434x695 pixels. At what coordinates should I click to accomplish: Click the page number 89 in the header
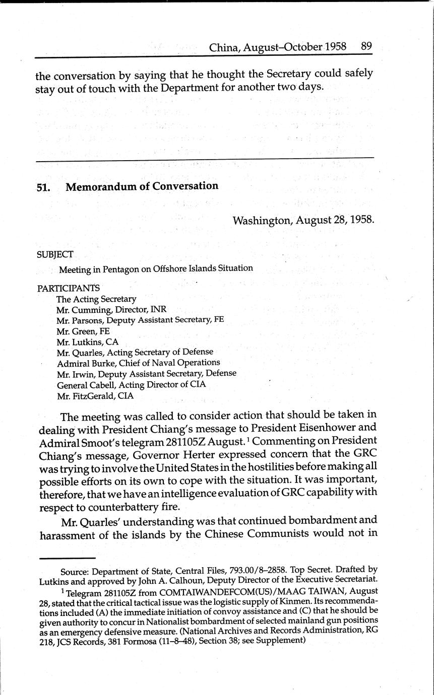(x=366, y=46)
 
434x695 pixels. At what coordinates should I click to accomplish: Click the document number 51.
(x=42, y=187)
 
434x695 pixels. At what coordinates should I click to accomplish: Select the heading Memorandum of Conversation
(x=142, y=186)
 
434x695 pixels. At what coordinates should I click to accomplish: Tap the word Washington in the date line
(x=262, y=220)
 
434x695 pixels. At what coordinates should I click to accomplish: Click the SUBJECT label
(x=55, y=254)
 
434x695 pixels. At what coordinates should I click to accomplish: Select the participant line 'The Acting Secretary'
(x=96, y=299)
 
